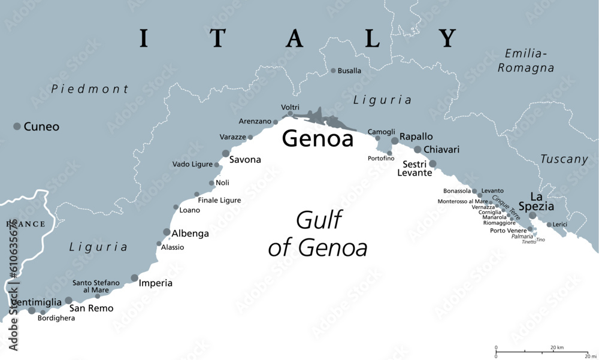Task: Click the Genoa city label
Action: [317, 139]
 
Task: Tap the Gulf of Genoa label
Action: [317, 234]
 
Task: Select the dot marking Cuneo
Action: [17, 126]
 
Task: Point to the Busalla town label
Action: [349, 71]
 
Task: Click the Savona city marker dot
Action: [226, 153]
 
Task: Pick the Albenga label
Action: [190, 234]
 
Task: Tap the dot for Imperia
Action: [134, 277]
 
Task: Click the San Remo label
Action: [92, 308]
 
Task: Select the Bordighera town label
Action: [56, 318]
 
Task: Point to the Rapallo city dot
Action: [395, 141]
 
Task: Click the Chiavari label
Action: [441, 149]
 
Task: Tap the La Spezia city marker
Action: [532, 216]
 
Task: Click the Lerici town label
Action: [560, 225]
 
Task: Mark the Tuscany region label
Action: [564, 159]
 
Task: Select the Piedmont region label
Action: [90, 89]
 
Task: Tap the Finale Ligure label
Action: [219, 200]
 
